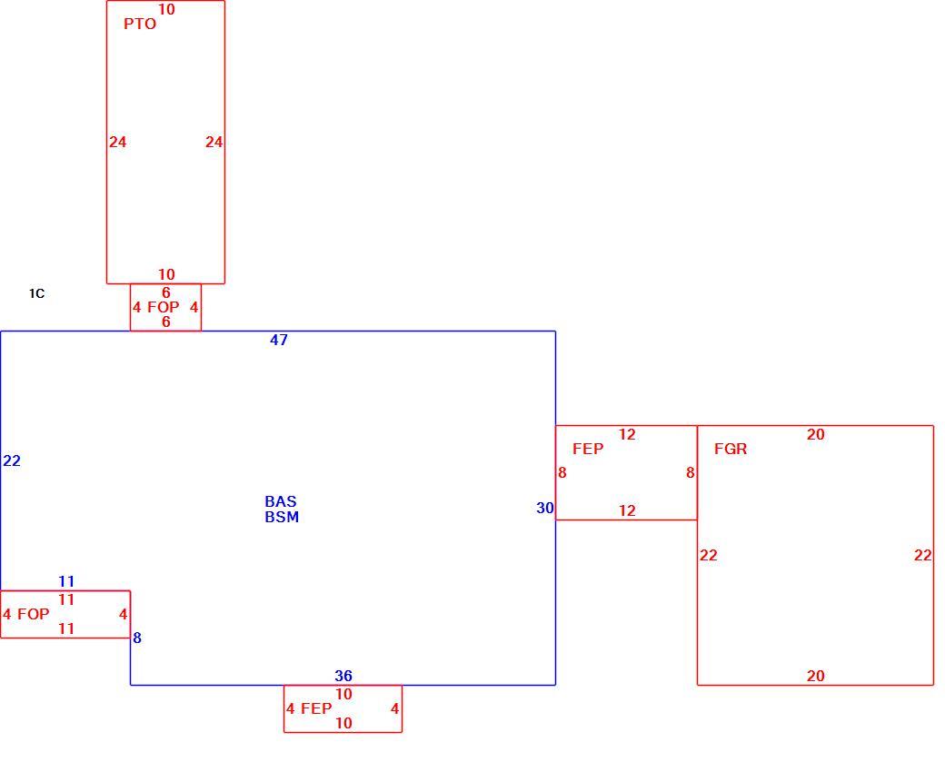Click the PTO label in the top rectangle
140,24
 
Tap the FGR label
731,449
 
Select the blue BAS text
281,501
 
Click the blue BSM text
282,517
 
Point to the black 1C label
36,293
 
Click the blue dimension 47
279,340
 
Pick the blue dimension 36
343,676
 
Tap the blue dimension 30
545,508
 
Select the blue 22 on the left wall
12,460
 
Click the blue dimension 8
137,638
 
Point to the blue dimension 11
66,581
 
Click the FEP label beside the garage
588,449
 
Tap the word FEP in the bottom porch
316,708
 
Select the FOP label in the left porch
33,614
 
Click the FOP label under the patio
164,307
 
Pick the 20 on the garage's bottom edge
815,676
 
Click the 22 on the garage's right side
922,555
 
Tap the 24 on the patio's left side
117,142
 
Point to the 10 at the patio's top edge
166,9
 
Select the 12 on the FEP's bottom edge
627,510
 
